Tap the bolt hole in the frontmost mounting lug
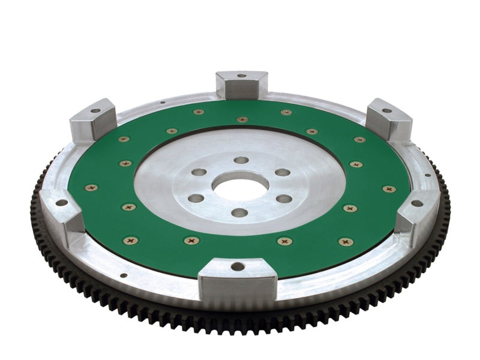238,266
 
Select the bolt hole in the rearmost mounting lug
241,76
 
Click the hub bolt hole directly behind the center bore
241,160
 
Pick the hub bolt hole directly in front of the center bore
239,212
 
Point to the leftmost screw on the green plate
91,188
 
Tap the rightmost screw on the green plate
389,188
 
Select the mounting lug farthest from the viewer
241,83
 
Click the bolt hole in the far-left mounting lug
62,202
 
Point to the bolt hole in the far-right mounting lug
417,203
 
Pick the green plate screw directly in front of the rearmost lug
242,119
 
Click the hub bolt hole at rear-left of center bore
199,172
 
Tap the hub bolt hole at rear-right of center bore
283,172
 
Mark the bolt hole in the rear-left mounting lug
95,111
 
